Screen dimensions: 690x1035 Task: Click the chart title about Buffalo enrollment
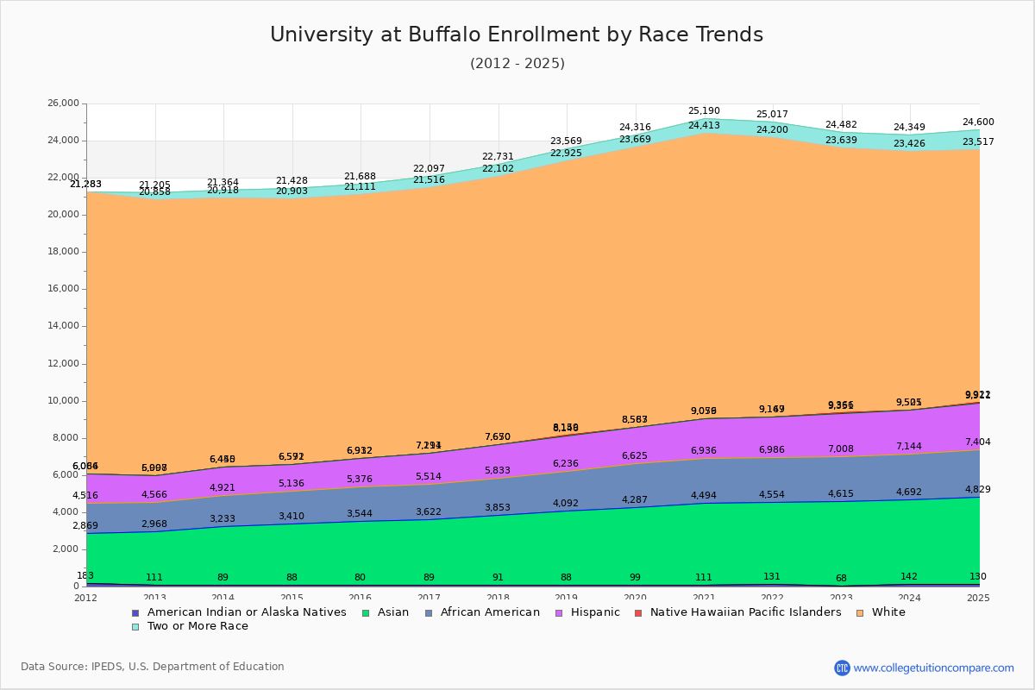517,34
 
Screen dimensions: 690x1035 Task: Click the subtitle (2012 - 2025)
517,64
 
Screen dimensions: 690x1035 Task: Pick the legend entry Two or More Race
198,626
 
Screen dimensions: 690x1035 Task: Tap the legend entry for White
888,612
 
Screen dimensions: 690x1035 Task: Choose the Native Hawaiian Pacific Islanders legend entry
745,612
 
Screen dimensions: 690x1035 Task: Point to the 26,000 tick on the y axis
62,103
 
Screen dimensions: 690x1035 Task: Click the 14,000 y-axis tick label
62,326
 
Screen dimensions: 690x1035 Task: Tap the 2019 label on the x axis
567,598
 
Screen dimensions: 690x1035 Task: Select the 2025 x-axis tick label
978,598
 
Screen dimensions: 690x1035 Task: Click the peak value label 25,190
704,111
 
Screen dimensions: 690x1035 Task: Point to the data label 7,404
978,442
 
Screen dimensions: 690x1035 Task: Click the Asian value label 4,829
978,489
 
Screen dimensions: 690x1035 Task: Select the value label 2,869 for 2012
85,526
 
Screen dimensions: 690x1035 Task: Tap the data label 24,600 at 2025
978,122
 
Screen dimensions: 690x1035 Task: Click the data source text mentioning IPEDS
152,667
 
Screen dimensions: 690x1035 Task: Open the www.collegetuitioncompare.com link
933,668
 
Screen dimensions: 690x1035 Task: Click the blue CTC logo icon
842,668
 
